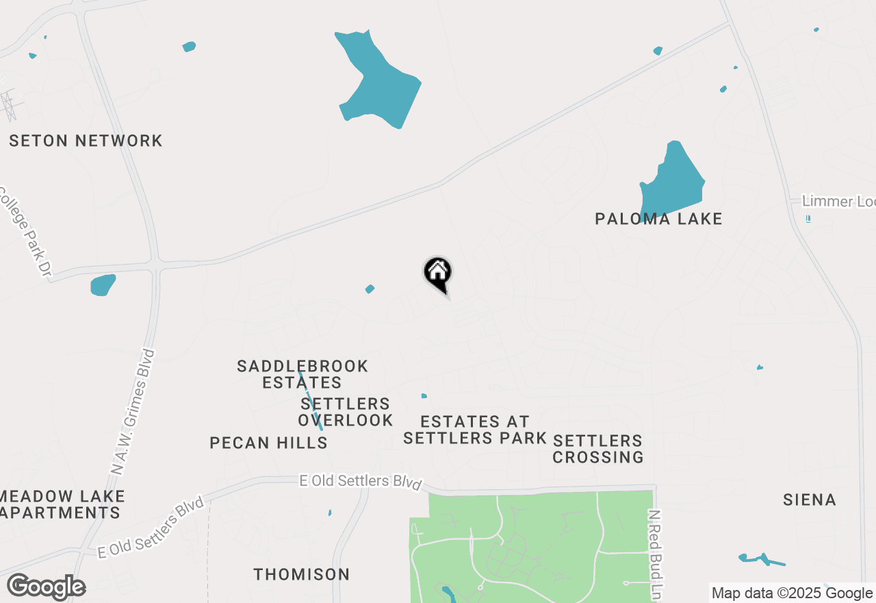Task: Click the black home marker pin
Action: pos(438,274)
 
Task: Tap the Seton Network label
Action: pos(86,141)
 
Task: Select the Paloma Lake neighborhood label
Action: pos(658,219)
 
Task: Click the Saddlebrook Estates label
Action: pos(302,374)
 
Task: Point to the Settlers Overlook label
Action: pos(346,412)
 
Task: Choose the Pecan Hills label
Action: pos(268,443)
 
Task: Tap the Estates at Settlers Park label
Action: pos(475,430)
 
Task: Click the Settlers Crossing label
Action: pos(598,449)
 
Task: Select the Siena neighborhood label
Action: pos(810,500)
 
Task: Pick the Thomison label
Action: pos(301,574)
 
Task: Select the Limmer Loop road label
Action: pos(838,201)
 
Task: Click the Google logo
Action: pos(47,587)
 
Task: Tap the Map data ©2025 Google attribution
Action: pos(792,593)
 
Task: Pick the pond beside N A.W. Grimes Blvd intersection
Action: pos(103,285)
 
